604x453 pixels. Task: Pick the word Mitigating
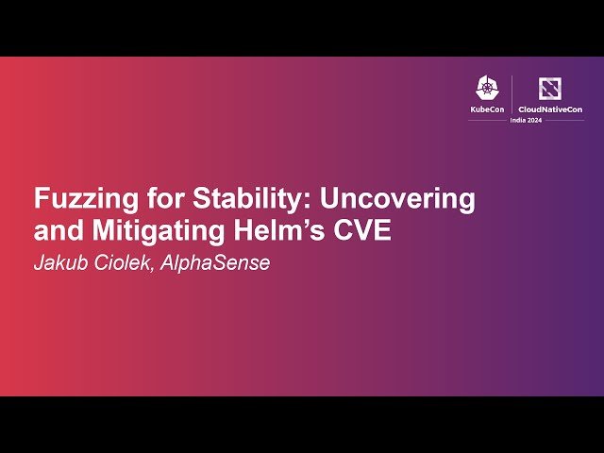143,231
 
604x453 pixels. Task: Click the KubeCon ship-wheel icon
486,89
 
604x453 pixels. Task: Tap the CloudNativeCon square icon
549,89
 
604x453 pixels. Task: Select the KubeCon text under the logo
486,109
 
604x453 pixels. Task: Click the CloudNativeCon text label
549,109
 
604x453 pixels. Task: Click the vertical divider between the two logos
512,94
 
